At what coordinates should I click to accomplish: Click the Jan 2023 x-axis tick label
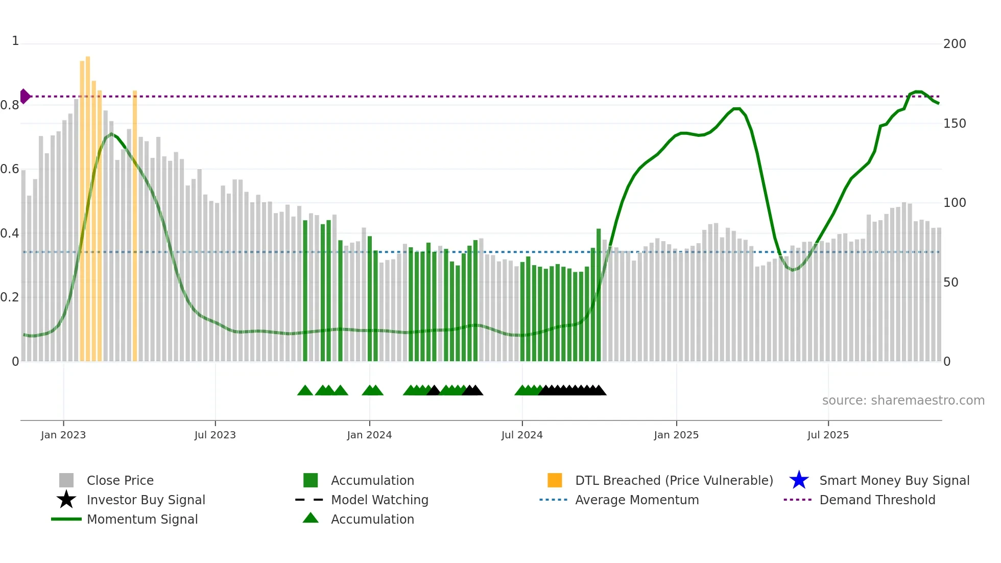63,435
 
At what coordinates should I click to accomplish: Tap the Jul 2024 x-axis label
522,435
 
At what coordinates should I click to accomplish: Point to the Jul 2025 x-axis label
828,435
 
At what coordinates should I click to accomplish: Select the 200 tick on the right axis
955,44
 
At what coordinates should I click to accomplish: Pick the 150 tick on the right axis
955,124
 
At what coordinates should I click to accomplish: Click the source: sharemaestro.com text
903,401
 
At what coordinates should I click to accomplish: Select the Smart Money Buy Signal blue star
799,480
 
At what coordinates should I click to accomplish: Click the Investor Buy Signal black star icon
66,500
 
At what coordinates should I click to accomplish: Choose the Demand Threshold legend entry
877,500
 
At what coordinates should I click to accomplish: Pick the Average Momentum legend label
637,500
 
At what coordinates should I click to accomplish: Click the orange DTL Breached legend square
555,480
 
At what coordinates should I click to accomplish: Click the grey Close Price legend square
66,480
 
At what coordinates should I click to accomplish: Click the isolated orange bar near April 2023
135,225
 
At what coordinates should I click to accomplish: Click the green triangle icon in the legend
311,519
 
